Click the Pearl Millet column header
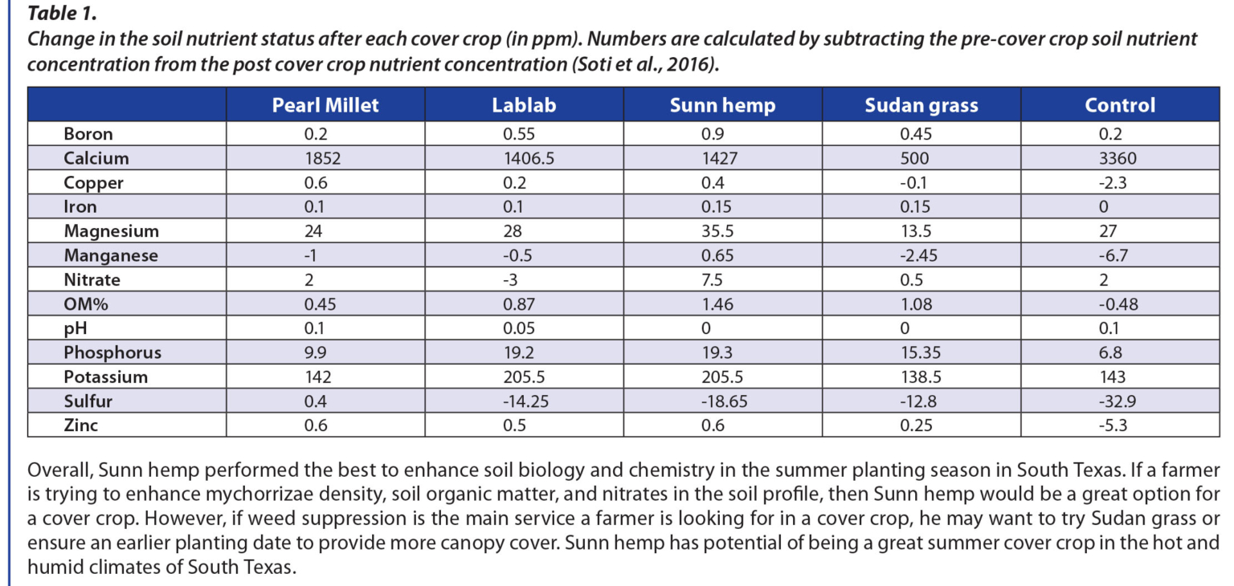pyautogui.click(x=325, y=105)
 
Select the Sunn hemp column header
pyautogui.click(x=722, y=105)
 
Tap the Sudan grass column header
pyautogui.click(x=921, y=105)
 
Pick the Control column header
pyautogui.click(x=1120, y=105)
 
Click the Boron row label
pyautogui.click(x=88, y=134)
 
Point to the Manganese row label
pyautogui.click(x=111, y=255)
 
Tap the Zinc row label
pyautogui.click(x=81, y=425)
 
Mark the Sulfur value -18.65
pyautogui.click(x=721, y=401)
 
